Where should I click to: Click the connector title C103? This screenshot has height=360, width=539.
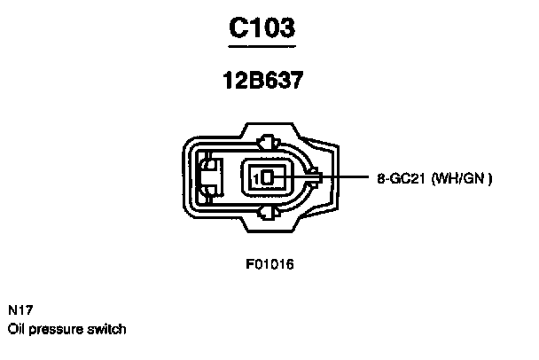tap(262, 27)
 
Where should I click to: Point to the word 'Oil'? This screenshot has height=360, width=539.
tap(15, 329)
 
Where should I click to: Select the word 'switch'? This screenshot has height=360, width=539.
tap(107, 329)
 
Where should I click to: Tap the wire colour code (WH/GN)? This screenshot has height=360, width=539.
tap(461, 178)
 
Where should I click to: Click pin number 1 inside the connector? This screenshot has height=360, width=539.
tap(257, 178)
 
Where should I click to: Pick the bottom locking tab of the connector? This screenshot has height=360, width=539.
tap(268, 213)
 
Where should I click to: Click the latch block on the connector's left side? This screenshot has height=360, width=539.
tap(209, 176)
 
